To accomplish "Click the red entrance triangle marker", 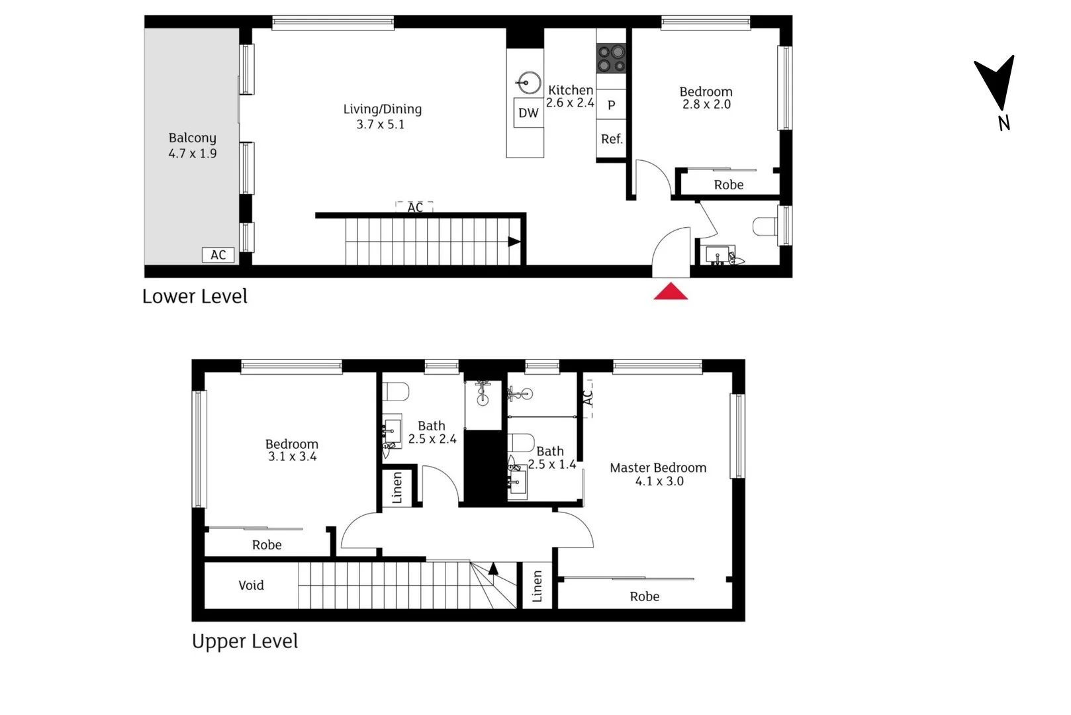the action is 671,292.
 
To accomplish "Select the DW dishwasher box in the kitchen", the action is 528,113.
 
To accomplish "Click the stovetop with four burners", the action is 611,58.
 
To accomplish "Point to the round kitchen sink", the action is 530,83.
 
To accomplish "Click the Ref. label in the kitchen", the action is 612,139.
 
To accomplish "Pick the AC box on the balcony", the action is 218,255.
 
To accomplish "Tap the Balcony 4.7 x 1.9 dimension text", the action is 192,154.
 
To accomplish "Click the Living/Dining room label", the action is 383,109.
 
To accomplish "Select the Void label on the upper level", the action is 251,585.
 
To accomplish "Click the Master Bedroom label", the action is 658,468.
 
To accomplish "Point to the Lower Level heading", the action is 195,296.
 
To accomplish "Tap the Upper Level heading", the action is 245,642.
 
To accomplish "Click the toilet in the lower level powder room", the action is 765,226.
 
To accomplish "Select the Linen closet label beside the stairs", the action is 537,586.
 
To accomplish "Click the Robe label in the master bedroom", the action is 645,596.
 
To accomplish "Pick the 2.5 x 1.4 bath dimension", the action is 552,464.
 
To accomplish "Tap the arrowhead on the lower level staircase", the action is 514,242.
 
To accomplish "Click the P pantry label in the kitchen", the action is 612,105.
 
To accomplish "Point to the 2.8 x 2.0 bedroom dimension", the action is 706,104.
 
